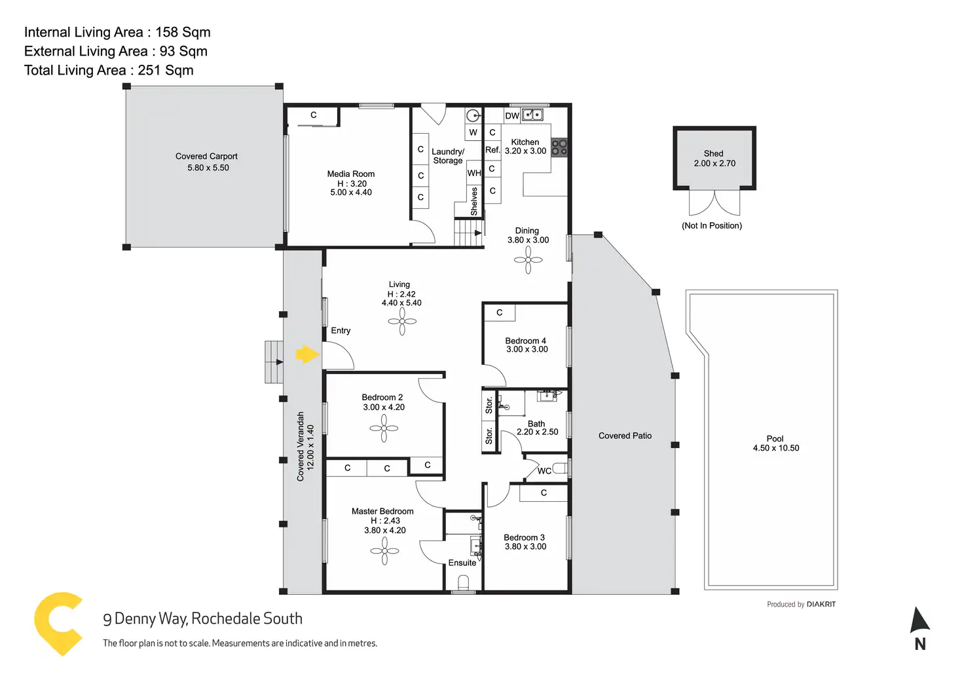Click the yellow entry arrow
pos(306,355)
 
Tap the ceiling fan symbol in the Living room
pos(402,321)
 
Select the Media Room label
pos(351,174)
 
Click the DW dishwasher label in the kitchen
pos(512,116)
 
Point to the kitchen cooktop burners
pos(559,147)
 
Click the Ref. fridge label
pos(492,150)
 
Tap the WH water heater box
pos(474,173)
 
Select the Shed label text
pos(713,153)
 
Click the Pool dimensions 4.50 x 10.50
pos(776,448)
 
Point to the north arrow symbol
pos(919,620)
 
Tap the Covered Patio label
pos(625,436)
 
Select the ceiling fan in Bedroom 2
pos(384,429)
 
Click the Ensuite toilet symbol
pos(464,582)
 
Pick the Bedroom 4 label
pos(525,341)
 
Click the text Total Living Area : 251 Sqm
pos(109,70)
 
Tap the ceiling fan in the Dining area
pos(528,260)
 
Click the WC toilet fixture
pos(560,468)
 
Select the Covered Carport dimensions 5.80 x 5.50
pos(208,168)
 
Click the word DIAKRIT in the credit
pos(821,604)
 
